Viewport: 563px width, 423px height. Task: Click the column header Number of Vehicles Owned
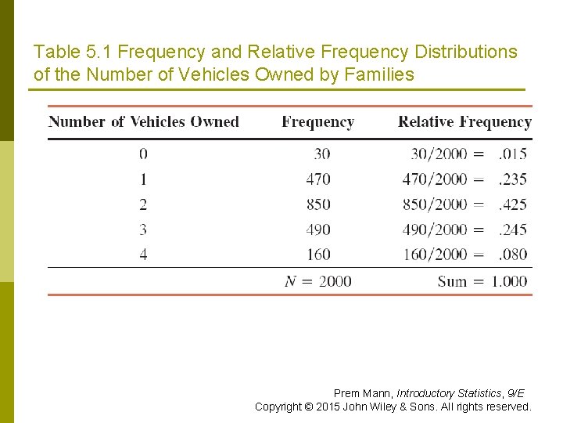point(144,122)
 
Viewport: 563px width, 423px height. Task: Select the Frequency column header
point(317,122)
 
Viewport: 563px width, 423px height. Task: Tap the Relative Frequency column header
point(464,122)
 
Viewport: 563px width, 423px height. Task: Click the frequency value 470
point(318,179)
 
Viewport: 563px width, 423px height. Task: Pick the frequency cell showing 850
point(318,204)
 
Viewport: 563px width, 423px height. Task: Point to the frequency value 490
point(318,230)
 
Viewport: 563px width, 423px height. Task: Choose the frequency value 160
point(318,255)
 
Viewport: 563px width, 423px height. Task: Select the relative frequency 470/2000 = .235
point(464,179)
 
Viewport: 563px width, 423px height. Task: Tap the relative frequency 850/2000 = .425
point(464,204)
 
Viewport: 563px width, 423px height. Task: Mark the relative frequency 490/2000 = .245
point(464,230)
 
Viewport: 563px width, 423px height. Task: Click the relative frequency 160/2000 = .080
point(464,255)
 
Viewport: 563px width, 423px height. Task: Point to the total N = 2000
point(318,281)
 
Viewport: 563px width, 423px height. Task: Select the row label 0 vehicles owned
point(143,154)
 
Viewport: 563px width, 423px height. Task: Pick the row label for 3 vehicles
point(143,230)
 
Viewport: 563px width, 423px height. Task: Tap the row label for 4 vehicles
point(143,255)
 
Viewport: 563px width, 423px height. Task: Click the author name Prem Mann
point(363,393)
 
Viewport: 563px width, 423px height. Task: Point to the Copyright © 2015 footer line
point(393,407)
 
